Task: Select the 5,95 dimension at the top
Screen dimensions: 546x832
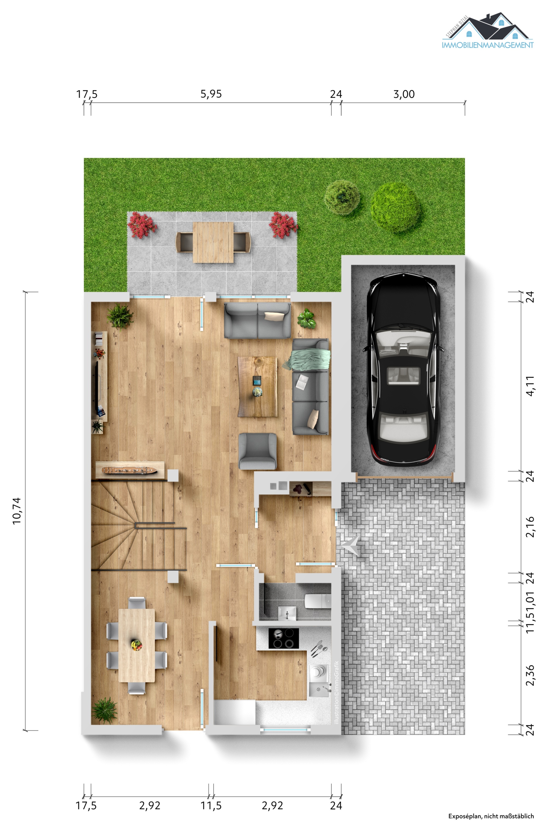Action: [x=211, y=94]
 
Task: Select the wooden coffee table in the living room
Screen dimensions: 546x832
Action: [x=257, y=386]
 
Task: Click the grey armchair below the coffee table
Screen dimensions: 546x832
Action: [x=257, y=451]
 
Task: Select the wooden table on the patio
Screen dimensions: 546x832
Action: [x=213, y=242]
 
